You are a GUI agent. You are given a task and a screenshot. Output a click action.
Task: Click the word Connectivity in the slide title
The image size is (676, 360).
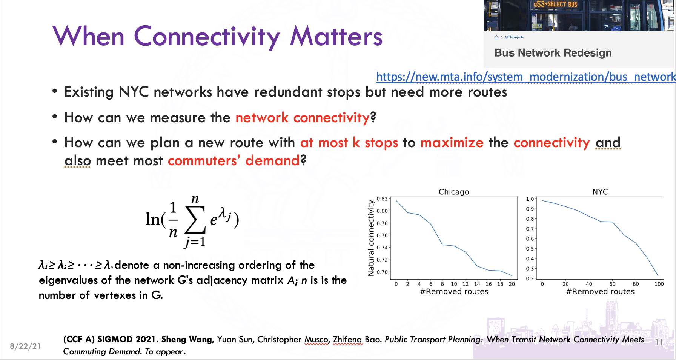pos(207,37)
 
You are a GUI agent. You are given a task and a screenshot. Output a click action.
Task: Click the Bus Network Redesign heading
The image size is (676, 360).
pos(553,53)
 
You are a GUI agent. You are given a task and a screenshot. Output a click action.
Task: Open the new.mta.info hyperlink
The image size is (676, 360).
pos(526,77)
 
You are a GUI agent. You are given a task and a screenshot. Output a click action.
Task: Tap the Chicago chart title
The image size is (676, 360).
pos(454,192)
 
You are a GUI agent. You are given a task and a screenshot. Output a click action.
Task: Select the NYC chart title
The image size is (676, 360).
pos(600,192)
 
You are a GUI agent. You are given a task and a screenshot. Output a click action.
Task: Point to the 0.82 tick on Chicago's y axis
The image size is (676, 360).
pos(382,199)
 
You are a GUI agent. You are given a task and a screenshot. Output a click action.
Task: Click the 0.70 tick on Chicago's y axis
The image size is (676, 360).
pos(382,272)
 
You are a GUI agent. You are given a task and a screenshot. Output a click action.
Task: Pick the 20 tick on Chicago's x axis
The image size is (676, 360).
pos(512,284)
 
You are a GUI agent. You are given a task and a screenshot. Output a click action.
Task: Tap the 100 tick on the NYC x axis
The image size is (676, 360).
pos(659,284)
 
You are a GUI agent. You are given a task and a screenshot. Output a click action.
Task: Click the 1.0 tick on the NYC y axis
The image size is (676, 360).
pos(530,199)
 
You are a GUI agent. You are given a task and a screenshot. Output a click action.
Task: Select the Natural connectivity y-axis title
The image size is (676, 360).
pos(371,238)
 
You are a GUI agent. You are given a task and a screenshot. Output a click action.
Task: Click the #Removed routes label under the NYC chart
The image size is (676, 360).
pos(600,291)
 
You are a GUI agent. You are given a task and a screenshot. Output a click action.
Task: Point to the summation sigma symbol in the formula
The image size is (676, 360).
pos(195,220)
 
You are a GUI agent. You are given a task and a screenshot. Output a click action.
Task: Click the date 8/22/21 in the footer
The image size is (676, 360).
pos(25,346)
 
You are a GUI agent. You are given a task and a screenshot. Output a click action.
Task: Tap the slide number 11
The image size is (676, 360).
pos(659,342)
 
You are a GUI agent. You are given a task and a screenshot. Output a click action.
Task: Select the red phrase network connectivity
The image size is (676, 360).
pos(303,118)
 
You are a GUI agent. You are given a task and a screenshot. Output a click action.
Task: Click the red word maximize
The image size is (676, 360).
pos(452,143)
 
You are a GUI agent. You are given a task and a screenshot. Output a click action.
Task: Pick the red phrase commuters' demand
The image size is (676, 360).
pos(234,161)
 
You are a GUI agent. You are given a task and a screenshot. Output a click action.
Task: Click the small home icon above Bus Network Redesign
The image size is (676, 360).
pos(496,37)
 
